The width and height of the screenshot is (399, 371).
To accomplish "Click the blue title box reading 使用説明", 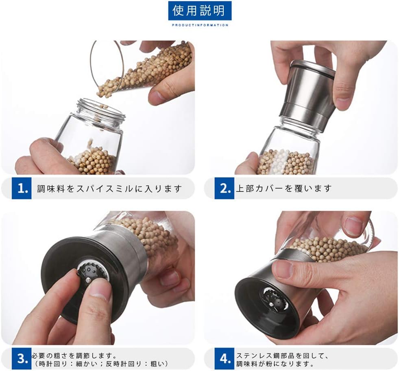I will [200, 11].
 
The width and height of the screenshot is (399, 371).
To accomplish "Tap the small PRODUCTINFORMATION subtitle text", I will [200, 25].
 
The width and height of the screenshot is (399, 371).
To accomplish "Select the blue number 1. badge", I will [22, 189].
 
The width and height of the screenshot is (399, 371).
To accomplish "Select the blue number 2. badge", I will [224, 189].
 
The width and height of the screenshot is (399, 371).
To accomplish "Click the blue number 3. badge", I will [22, 358].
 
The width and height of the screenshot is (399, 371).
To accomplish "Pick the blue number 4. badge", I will [224, 358].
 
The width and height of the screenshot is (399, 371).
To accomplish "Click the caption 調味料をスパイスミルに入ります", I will [109, 189].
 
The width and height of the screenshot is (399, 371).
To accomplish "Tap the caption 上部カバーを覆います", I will [284, 188].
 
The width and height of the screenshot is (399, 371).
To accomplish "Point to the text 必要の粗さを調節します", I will [74, 355].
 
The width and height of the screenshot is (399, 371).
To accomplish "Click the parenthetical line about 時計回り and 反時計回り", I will [100, 363].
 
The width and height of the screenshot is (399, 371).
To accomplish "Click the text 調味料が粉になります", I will [275, 363].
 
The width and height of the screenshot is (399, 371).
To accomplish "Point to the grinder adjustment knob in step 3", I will [93, 272].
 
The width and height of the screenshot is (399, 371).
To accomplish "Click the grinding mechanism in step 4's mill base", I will [274, 299].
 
